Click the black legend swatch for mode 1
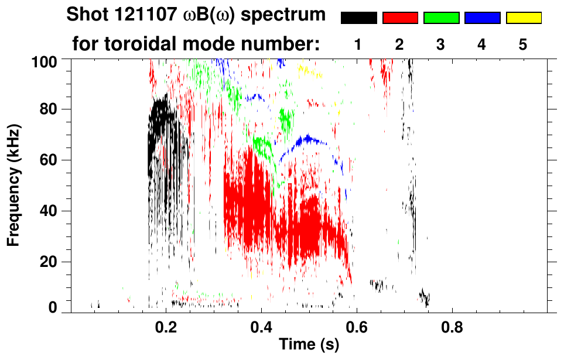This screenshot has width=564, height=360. coord(359,18)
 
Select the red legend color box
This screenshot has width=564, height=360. coord(400,18)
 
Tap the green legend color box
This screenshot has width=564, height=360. coord(441,18)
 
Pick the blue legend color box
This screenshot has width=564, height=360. coord(482,18)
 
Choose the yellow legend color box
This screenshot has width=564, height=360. coord(524,18)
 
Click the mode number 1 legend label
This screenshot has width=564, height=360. coord(358,44)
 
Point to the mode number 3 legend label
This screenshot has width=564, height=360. coord(441,44)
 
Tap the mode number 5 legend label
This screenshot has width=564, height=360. coord(523,44)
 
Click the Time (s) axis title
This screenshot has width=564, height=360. coord(309,345)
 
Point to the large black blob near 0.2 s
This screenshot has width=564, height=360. coord(160,123)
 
